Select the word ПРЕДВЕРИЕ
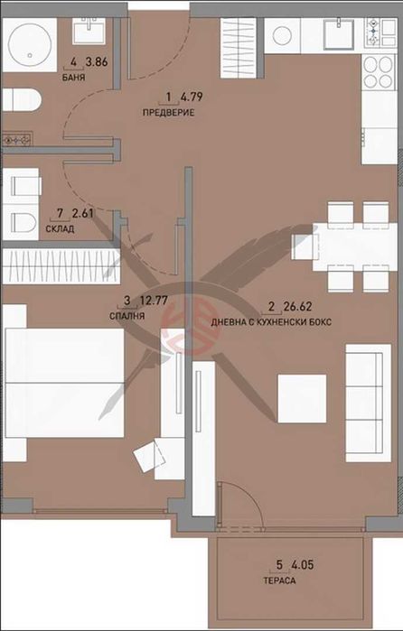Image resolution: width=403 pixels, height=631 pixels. (168, 113)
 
